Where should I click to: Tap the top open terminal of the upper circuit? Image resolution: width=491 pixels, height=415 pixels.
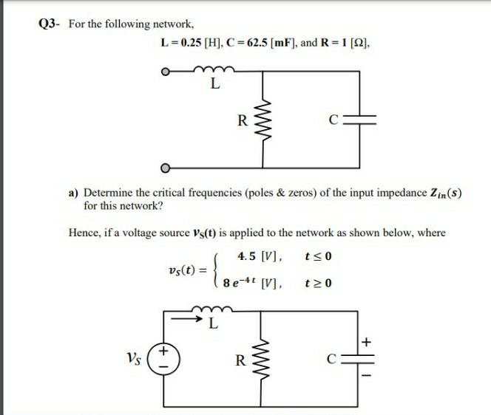pyautogui.click(x=167, y=73)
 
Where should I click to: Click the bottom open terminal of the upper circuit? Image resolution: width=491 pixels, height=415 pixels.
pyautogui.click(x=167, y=165)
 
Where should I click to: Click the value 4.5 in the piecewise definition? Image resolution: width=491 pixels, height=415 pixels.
pyautogui.click(x=249, y=257)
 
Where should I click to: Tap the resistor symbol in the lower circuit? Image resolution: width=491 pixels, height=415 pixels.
pyautogui.click(x=266, y=361)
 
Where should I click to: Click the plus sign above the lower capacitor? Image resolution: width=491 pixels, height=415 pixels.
pyautogui.click(x=366, y=341)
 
